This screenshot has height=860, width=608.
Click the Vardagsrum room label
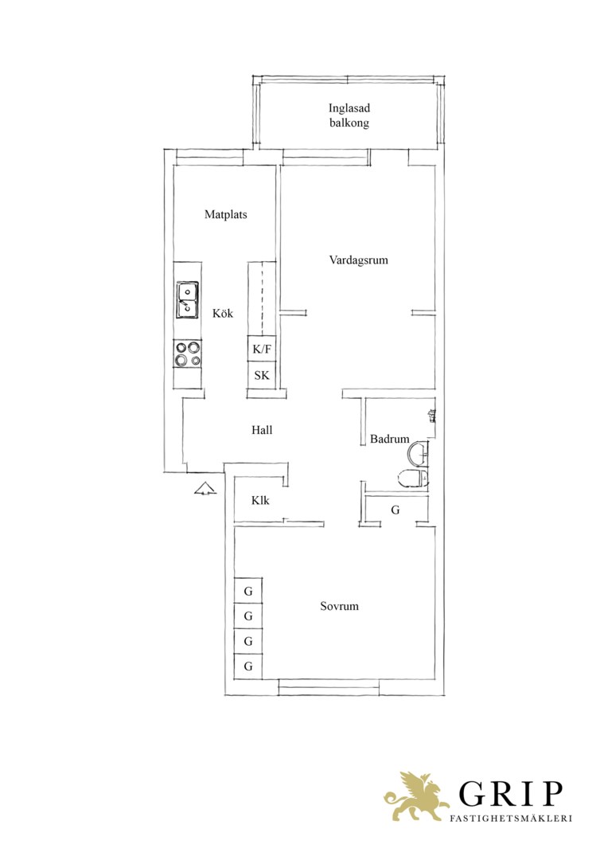click(x=359, y=260)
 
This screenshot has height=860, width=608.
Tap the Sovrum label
click(x=339, y=606)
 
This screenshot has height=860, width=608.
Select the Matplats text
click(x=226, y=214)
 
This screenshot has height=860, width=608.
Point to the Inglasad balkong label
click(x=349, y=115)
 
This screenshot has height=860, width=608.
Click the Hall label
click(x=262, y=430)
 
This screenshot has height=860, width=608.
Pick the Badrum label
click(x=390, y=439)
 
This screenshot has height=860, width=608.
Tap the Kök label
click(x=223, y=313)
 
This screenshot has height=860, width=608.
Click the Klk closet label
click(x=260, y=500)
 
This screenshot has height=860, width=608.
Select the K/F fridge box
click(x=262, y=348)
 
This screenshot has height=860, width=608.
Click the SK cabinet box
click(x=262, y=375)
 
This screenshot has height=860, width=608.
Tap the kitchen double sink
click(x=188, y=299)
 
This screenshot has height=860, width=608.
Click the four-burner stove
click(x=188, y=354)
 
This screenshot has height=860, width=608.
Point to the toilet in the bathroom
click(x=413, y=478)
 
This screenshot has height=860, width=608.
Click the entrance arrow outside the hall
click(x=205, y=487)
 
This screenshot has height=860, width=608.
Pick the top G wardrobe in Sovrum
click(x=248, y=591)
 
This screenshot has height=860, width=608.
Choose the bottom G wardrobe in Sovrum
click(x=248, y=666)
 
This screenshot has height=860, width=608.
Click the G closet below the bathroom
click(x=396, y=510)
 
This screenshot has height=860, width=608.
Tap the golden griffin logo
click(x=415, y=796)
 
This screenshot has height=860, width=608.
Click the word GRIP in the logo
click(x=511, y=794)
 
